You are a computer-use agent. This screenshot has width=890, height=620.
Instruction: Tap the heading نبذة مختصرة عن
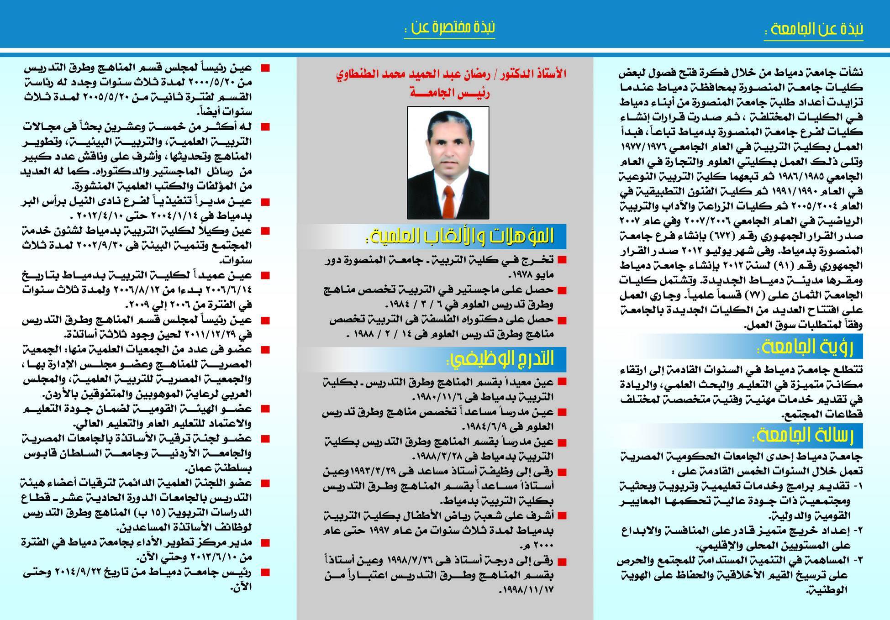(449, 28)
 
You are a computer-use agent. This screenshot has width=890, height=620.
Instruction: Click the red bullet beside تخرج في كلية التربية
(562, 260)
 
